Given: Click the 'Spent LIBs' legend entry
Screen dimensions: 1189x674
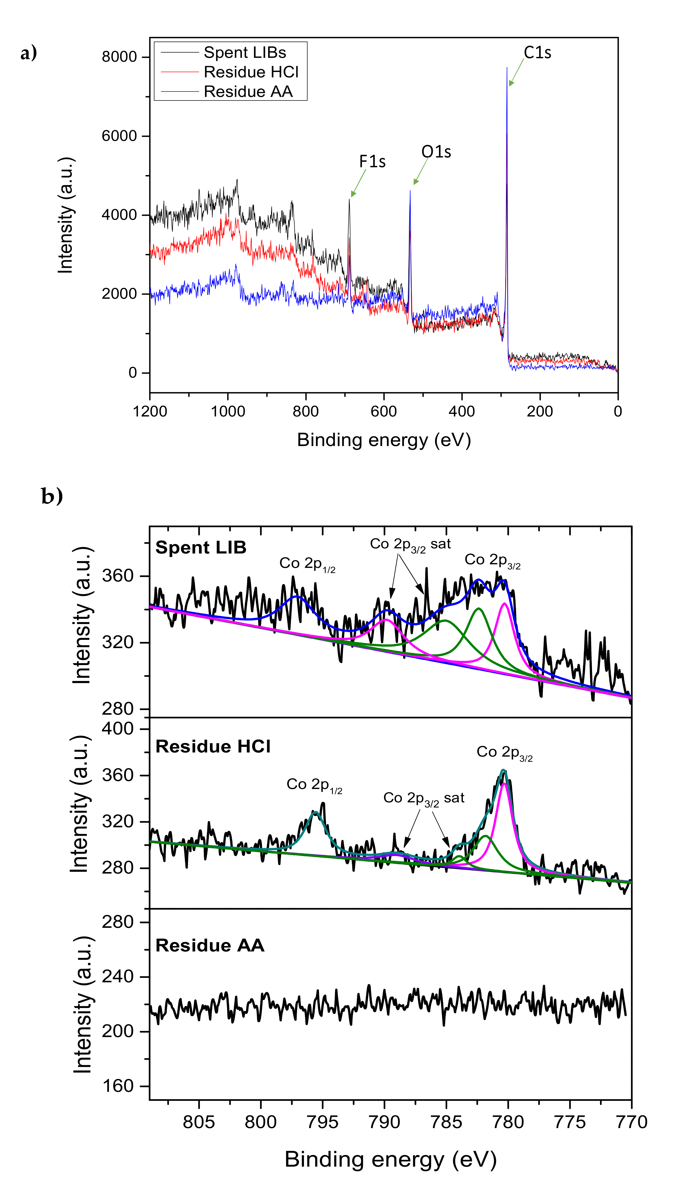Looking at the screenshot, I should [x=245, y=53].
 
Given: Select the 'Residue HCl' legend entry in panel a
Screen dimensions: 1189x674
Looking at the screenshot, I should [x=251, y=72].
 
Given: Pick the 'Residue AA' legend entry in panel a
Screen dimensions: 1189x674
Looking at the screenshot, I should [x=248, y=92].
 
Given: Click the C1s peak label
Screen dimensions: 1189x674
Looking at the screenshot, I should [x=537, y=53].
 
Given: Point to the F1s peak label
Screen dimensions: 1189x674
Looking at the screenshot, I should [x=372, y=162].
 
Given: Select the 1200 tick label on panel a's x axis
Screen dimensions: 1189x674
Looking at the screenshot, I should [x=149, y=411].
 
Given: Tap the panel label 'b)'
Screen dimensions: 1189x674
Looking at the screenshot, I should [x=52, y=496].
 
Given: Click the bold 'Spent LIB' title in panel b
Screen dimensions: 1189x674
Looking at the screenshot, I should [x=200, y=548].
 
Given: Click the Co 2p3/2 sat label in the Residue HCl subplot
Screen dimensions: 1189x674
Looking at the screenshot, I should [x=424, y=798].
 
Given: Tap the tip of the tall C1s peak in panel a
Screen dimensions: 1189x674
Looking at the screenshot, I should [x=507, y=68].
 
